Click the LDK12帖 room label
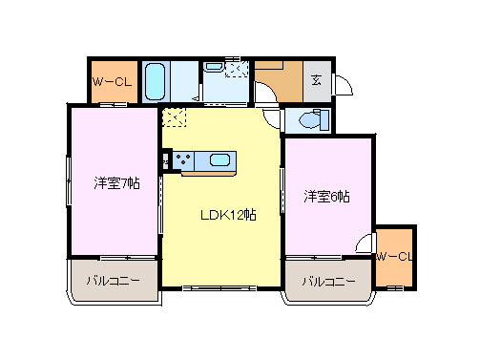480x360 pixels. point(226,215)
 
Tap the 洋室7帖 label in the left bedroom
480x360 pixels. point(116,182)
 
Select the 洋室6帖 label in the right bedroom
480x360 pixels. point(326,197)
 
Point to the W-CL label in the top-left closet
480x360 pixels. point(112,82)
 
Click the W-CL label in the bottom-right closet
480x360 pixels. point(393,256)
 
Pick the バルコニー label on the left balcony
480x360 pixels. point(114,282)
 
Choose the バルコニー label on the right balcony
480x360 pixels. point(329,282)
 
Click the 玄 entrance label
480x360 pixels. point(316,80)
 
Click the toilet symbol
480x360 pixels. point(310,120)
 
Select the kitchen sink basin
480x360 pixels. point(219,160)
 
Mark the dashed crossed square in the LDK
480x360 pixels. point(174,117)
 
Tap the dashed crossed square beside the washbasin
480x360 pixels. point(239,68)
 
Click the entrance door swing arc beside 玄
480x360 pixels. point(342,84)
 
